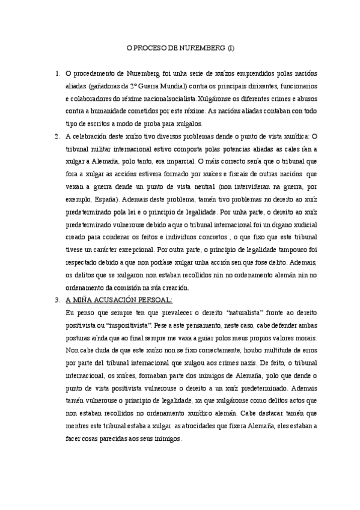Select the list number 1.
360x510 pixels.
point(56,74)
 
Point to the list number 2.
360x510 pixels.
point(56,136)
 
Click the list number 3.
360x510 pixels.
point(56,299)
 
